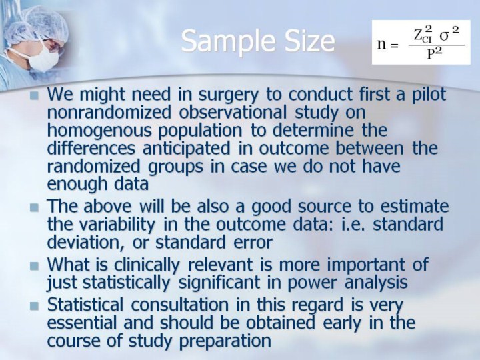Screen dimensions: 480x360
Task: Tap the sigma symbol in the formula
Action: [x=444, y=36]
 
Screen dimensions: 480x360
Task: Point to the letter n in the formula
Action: [x=381, y=45]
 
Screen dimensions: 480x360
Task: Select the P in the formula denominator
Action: [x=431, y=55]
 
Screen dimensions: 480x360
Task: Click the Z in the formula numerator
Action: [x=418, y=35]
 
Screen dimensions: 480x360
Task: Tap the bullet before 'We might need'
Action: [x=35, y=95]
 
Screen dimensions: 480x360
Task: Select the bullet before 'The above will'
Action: [x=35, y=207]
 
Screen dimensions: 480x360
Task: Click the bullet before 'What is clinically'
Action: [x=35, y=265]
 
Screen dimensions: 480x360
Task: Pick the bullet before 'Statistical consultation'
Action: [x=35, y=306]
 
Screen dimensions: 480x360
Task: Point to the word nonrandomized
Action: [x=109, y=112]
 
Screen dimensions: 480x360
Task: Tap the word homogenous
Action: [x=99, y=131]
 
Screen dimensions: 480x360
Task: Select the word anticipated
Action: [x=186, y=148]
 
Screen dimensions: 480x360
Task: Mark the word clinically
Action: [x=147, y=265]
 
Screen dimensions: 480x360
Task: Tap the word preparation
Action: [x=225, y=341]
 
